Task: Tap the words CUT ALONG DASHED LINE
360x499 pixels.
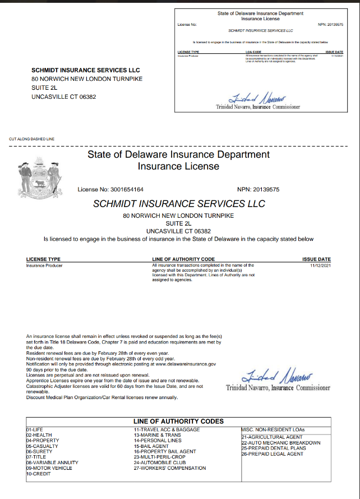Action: (x=33, y=138)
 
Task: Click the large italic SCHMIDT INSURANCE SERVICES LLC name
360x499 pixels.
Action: (x=179, y=203)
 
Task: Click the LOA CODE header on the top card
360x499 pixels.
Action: (x=253, y=52)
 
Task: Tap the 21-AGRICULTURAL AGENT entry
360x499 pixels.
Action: (x=271, y=437)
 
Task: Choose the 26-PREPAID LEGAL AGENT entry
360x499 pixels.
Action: (x=271, y=454)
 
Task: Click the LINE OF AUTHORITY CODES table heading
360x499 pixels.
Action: (x=178, y=421)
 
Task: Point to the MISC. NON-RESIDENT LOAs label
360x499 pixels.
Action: (x=270, y=429)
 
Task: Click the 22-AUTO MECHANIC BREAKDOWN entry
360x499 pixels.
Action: (x=280, y=443)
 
